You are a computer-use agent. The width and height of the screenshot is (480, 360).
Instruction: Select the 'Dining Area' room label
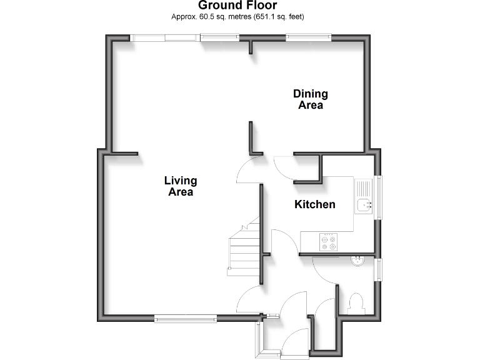311,99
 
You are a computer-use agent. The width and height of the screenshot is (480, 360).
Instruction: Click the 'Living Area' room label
181,186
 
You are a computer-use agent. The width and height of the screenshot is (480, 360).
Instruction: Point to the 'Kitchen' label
315,204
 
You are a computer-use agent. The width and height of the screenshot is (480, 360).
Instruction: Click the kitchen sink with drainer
363,196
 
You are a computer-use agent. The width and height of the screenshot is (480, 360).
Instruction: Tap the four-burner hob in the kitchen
329,241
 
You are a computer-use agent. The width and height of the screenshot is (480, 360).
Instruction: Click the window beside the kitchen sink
379,196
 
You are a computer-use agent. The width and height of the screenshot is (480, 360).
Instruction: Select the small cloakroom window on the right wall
379,269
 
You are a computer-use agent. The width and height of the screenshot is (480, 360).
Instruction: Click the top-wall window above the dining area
308,38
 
